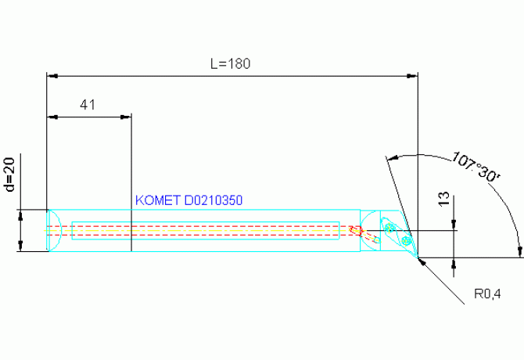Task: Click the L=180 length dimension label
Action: (230, 63)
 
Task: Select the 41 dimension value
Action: (88, 105)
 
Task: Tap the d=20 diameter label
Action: (10, 175)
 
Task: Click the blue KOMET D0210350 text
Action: (188, 200)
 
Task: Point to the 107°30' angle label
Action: (476, 167)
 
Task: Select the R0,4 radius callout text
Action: (487, 293)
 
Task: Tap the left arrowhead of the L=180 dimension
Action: (52, 76)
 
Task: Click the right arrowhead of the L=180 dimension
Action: (412, 76)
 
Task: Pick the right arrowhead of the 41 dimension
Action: (126, 117)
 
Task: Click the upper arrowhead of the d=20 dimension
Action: (20, 215)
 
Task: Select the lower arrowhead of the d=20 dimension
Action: (20, 246)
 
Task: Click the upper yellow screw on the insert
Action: (389, 228)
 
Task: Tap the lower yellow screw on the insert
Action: (406, 240)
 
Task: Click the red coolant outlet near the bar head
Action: (355, 230)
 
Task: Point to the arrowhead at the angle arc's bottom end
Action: (519, 252)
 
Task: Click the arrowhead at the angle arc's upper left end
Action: (392, 157)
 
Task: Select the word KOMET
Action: (158, 200)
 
